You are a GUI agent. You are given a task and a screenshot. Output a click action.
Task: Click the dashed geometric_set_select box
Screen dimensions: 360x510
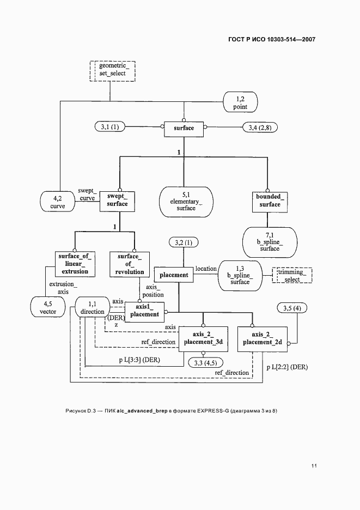click(112, 71)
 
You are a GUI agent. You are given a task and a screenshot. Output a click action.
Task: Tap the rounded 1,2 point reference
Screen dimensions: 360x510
click(240, 102)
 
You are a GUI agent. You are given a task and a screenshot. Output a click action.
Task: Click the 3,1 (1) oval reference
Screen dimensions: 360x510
click(110, 127)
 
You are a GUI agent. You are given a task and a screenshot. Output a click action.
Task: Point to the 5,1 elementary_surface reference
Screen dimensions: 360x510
click(186, 202)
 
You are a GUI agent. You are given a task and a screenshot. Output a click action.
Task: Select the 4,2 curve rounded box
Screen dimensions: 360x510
click(58, 202)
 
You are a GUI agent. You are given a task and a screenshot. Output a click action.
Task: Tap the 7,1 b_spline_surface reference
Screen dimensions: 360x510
click(270, 242)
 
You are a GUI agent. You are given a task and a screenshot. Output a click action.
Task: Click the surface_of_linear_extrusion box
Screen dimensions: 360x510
click(75, 264)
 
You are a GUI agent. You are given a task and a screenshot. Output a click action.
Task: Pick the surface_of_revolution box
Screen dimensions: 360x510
click(130, 265)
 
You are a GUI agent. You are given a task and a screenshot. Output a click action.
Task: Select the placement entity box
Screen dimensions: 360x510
click(174, 275)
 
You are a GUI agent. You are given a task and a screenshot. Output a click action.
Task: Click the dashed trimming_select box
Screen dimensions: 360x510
click(292, 276)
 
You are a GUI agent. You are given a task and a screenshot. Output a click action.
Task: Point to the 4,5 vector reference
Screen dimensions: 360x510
click(48, 307)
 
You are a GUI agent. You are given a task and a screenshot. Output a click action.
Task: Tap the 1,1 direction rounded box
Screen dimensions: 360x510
click(93, 307)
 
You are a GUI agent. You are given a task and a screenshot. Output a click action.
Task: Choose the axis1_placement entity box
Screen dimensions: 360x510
click(144, 312)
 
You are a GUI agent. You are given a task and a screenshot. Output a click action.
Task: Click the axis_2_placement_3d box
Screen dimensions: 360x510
click(203, 339)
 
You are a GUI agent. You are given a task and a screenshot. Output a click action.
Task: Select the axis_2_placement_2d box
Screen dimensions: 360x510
click(263, 339)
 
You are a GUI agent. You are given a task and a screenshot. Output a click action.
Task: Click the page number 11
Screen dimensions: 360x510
click(314, 466)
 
